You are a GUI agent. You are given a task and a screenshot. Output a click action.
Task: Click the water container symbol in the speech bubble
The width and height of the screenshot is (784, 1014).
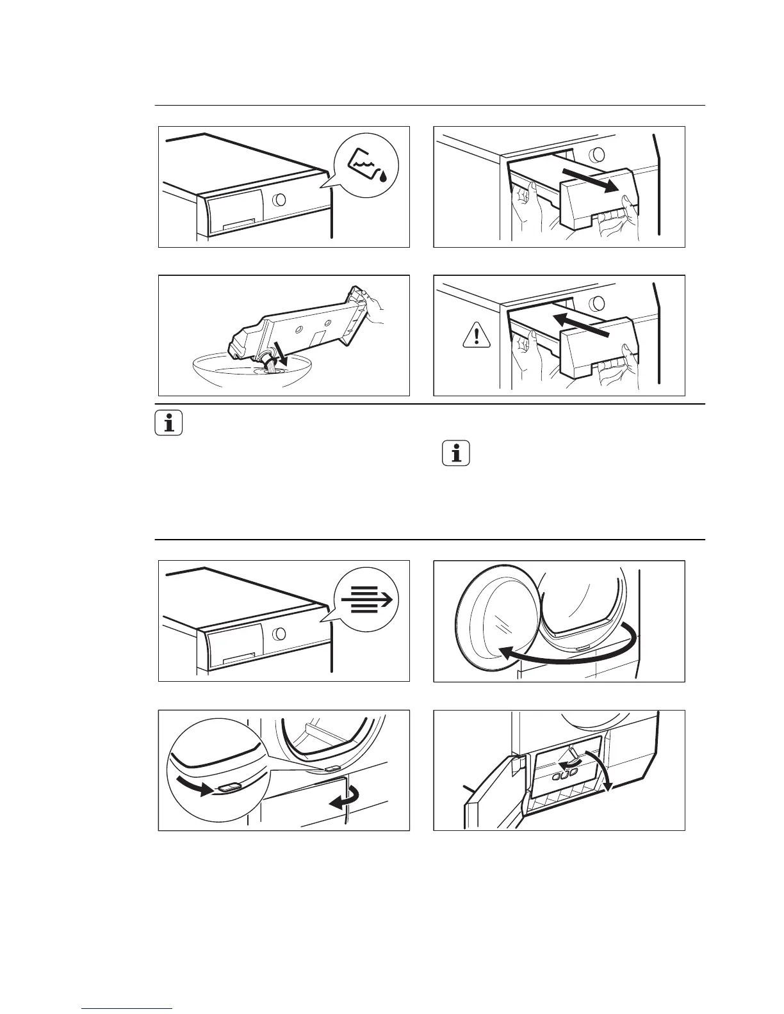coord(366,165)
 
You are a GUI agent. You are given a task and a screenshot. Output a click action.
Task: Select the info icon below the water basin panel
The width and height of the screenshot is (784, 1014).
coord(169,424)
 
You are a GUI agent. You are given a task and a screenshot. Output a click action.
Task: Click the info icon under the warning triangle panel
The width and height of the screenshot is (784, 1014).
coord(455,454)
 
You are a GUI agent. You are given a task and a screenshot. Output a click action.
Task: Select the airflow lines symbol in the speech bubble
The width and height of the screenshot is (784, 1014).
coord(366,600)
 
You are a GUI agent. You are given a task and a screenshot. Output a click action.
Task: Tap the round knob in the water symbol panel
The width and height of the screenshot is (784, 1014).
coord(279,199)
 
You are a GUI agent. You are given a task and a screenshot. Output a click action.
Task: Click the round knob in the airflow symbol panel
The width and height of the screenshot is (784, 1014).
coord(279,634)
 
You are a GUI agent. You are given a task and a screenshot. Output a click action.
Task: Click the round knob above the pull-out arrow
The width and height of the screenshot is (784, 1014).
coord(596,154)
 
